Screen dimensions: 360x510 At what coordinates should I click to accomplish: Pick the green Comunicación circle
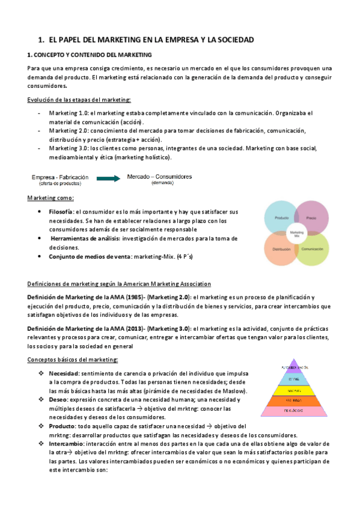pos(313,248)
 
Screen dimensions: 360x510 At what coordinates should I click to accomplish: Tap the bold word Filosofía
pos(61,212)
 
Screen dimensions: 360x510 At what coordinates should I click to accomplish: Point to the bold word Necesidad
pos(65,373)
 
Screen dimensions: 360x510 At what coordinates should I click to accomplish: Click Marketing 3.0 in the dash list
pos(69,148)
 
